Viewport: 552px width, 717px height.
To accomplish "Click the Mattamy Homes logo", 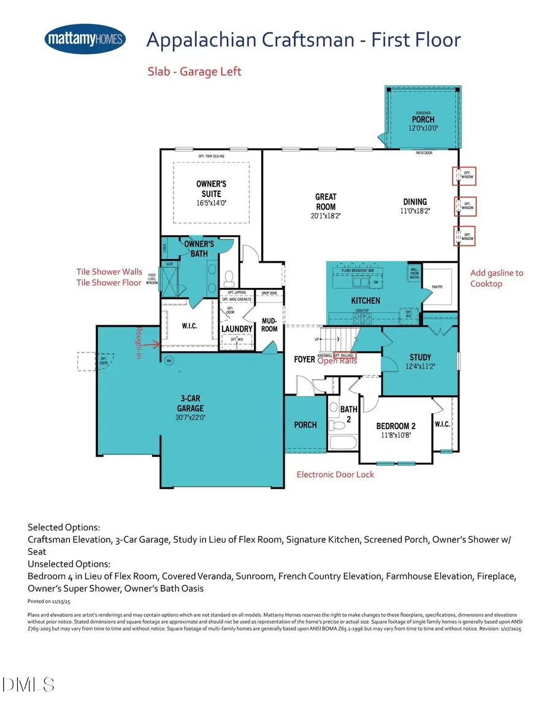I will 85,40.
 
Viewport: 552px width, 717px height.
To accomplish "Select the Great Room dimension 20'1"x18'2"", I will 326,215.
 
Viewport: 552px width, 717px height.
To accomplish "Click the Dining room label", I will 415,201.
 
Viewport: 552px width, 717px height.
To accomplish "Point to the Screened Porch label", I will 422,119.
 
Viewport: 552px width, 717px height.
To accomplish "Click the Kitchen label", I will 366,301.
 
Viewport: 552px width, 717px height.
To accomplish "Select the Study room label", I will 420,357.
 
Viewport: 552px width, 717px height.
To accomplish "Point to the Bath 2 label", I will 348,413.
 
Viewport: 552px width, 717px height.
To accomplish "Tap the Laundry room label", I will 237,329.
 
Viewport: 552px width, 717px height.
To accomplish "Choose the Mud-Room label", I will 269,324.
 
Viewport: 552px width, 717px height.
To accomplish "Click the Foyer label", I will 304,359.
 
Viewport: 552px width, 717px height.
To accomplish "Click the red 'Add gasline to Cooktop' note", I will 497,278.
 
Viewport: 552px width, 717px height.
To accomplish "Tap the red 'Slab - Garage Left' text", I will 194,72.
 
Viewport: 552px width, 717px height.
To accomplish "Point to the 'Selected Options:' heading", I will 64,527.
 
